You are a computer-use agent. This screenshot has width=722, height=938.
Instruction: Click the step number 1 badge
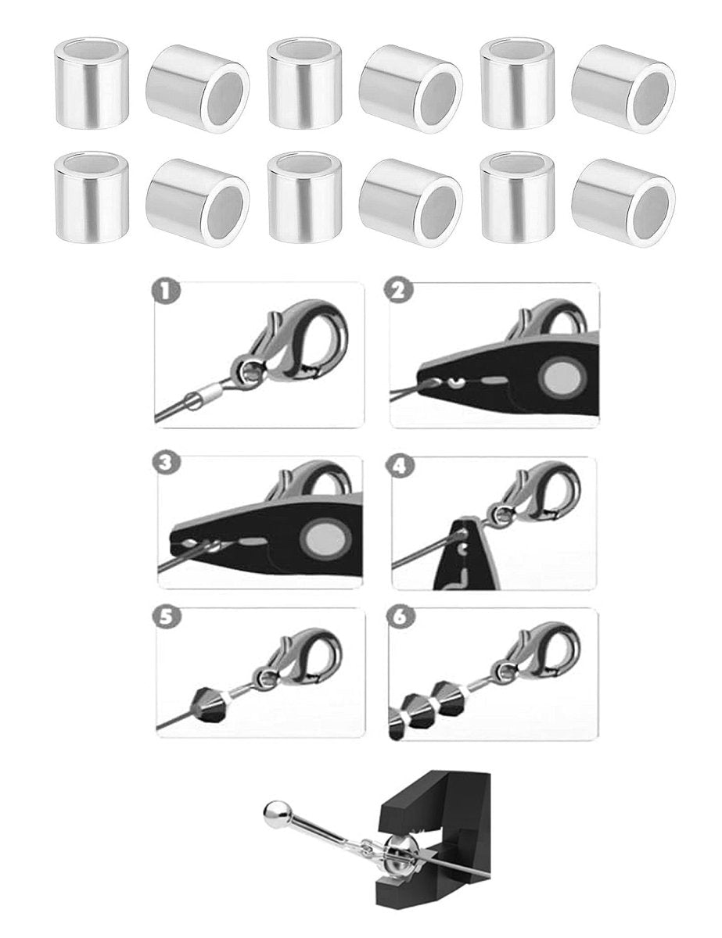pyautogui.click(x=166, y=292)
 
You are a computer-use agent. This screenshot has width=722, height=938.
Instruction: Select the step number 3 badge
pyautogui.click(x=167, y=464)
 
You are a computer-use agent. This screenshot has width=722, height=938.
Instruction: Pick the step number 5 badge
pyautogui.click(x=166, y=618)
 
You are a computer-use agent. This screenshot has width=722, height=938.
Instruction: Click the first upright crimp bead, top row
pyautogui.click(x=92, y=84)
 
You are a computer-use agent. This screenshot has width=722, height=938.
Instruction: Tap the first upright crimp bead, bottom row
pyautogui.click(x=92, y=196)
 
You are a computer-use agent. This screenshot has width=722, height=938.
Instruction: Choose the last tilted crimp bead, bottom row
pyautogui.click(x=623, y=203)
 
